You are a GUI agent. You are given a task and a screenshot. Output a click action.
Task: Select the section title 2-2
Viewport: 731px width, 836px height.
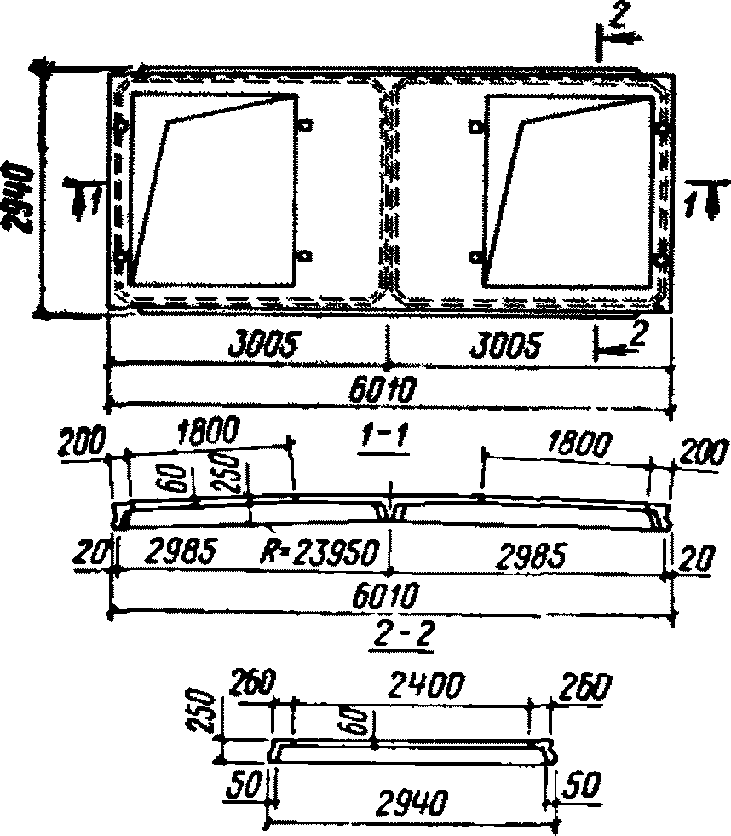click(390, 632)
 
